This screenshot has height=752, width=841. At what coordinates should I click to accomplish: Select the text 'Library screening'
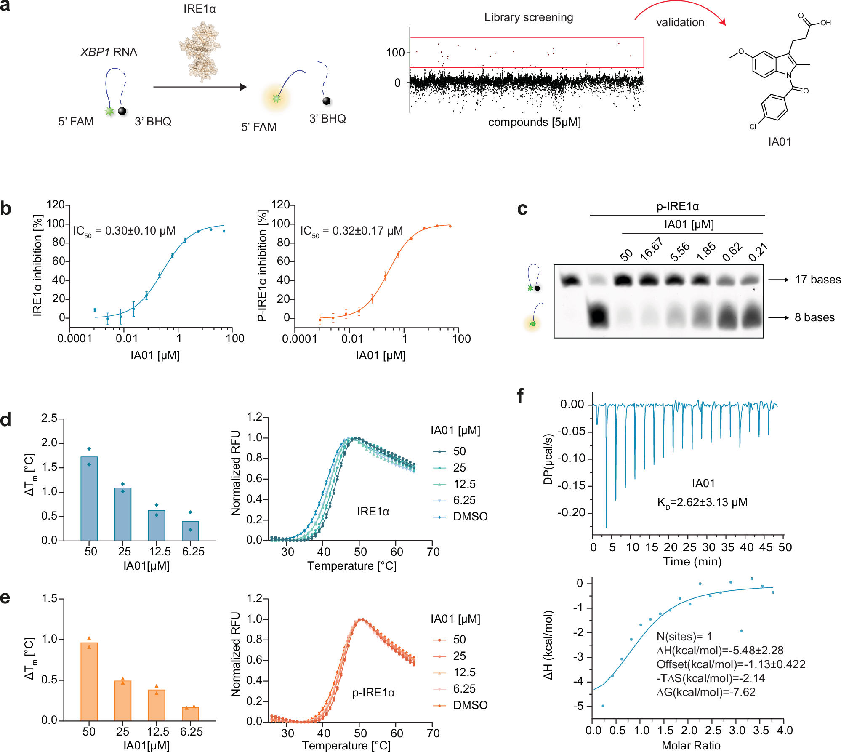528,17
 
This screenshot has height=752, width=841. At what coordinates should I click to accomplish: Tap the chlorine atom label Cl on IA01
753,127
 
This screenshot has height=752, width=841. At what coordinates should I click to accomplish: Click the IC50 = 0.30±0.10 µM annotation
124,231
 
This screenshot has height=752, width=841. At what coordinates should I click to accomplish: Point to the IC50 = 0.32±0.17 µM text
351,231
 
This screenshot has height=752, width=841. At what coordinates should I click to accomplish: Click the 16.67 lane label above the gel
652,249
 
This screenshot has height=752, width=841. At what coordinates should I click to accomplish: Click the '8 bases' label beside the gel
814,317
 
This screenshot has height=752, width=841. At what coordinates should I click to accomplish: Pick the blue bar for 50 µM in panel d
89,499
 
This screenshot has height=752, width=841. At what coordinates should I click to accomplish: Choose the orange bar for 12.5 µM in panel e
157,705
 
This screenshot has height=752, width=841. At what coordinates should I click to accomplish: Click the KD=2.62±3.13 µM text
702,502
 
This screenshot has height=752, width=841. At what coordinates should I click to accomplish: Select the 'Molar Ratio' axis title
691,745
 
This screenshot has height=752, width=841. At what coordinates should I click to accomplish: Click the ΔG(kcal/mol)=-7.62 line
706,692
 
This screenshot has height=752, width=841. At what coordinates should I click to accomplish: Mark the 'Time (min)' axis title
692,562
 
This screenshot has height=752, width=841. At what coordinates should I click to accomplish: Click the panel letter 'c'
522,209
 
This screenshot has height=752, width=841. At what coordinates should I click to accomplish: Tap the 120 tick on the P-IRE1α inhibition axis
280,205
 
